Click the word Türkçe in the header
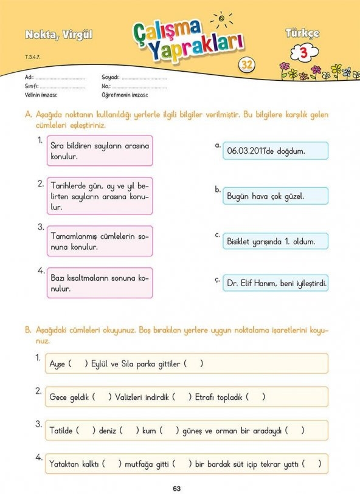tap(302, 34)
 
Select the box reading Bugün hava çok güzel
tap(275, 196)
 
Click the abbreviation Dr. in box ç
tap(232, 283)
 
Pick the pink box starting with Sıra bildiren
tap(99, 151)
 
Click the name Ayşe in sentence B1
tap(57, 364)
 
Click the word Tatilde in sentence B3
tap(61, 431)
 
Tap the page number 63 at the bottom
tap(177, 487)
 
